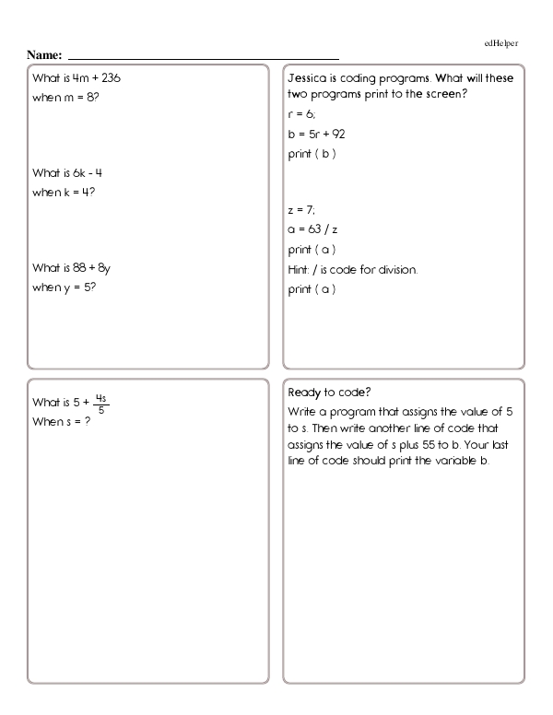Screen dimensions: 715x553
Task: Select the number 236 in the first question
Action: pyautogui.click(x=109, y=78)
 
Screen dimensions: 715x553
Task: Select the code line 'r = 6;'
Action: pyautogui.click(x=301, y=116)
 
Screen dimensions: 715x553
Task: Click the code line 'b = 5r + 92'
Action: pyautogui.click(x=316, y=135)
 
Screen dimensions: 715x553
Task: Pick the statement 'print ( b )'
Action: pyautogui.click(x=312, y=153)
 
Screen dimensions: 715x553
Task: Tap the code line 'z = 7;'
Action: pyautogui.click(x=301, y=211)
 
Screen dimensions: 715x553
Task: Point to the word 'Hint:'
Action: pyautogui.click(x=300, y=269)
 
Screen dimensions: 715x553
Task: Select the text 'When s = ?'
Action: pyautogui.click(x=65, y=421)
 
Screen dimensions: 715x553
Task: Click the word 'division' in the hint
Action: pyautogui.click(x=396, y=269)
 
